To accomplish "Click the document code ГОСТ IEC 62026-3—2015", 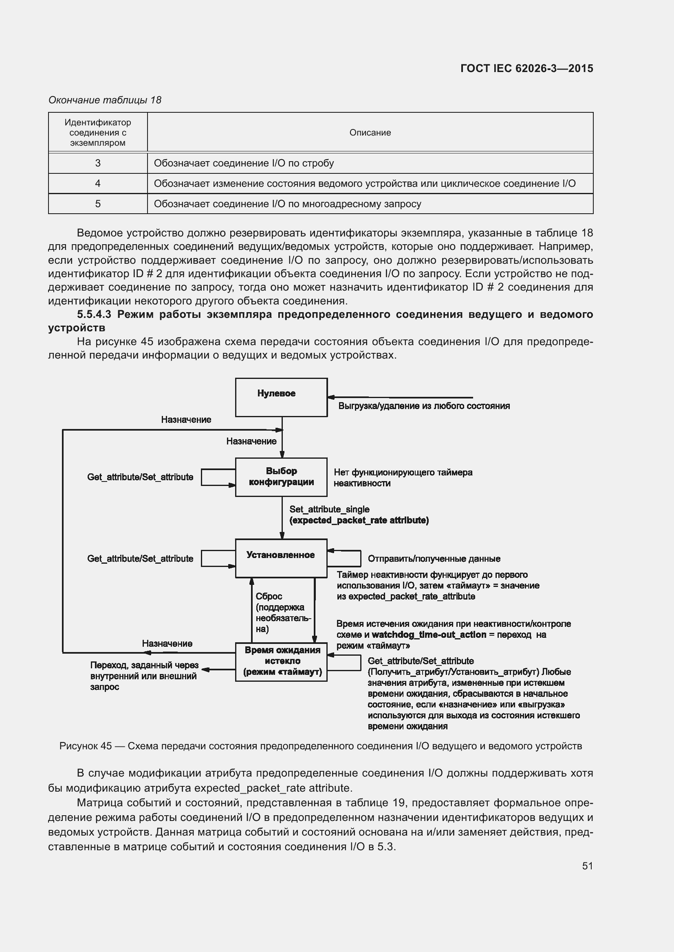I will tap(526, 68).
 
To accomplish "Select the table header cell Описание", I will tap(370, 133).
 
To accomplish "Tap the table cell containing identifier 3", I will tap(97, 163).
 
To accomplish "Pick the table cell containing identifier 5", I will tap(97, 204).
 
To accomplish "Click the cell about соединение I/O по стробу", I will tap(369, 163).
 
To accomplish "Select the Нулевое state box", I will tap(281, 397).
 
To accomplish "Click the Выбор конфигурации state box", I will tap(281, 477).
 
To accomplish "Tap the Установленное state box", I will tap(281, 558).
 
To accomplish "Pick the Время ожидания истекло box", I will tap(281, 662).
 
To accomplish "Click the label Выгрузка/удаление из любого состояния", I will tap(424, 406).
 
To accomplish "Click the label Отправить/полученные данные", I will tap(434, 558).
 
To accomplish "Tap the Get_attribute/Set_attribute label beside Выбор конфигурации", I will tap(140, 477).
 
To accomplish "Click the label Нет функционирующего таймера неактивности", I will tap(403, 478).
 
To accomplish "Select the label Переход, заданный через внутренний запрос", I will tap(143, 676).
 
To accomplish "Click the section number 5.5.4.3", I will tap(94, 314).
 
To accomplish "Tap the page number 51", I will tap(587, 866).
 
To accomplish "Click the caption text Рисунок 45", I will tap(86, 746).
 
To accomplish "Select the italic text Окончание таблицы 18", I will tap(105, 100).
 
